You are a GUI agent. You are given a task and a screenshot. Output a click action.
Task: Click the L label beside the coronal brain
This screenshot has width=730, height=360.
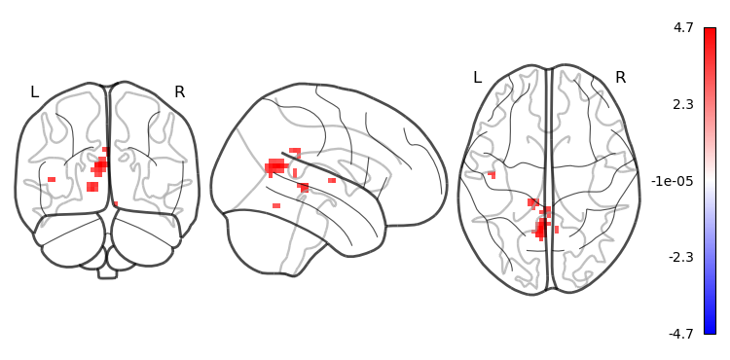coord(34,92)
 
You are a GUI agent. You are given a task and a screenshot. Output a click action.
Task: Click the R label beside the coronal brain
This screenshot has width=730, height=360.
coord(180,92)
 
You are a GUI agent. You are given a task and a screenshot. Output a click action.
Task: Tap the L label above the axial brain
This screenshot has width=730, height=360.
coord(477,78)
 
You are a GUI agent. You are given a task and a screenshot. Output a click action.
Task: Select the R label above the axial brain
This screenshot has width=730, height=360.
coord(621,78)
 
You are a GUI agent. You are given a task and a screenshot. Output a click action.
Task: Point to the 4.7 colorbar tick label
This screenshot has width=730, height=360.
coord(683,28)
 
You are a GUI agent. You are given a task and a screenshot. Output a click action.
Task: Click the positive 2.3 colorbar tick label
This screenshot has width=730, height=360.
coord(683,104)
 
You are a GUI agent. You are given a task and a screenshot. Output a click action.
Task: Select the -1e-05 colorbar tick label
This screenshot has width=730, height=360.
coord(672,181)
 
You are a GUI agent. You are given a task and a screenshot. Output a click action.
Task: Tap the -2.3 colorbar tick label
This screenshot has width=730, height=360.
coord(680,257)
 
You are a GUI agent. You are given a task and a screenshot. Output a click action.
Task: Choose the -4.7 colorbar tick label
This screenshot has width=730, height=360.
coord(680,334)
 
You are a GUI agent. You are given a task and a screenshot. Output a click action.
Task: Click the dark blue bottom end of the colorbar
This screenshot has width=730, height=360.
coord(710,330)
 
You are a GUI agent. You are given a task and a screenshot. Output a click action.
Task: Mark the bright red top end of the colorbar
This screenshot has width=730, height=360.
coord(710,32)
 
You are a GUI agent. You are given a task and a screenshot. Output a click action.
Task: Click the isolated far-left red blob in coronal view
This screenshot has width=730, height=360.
coord(52,180)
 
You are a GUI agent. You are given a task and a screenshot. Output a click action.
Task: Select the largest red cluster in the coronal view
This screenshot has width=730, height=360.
coord(99,166)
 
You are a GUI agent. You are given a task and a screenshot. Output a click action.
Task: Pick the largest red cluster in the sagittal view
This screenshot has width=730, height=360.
coord(275,167)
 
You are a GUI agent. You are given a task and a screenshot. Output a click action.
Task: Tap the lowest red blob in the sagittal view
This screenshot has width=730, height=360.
coord(276,205)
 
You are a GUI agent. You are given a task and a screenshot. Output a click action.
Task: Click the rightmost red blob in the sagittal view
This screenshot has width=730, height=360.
coord(332,180)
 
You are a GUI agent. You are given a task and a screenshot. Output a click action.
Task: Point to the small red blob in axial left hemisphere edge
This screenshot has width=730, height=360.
coord(493,175)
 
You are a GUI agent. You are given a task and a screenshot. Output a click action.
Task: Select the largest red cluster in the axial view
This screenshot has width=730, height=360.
coord(540,229)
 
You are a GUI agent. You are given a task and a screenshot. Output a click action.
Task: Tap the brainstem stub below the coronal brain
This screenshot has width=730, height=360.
coord(107,273)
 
